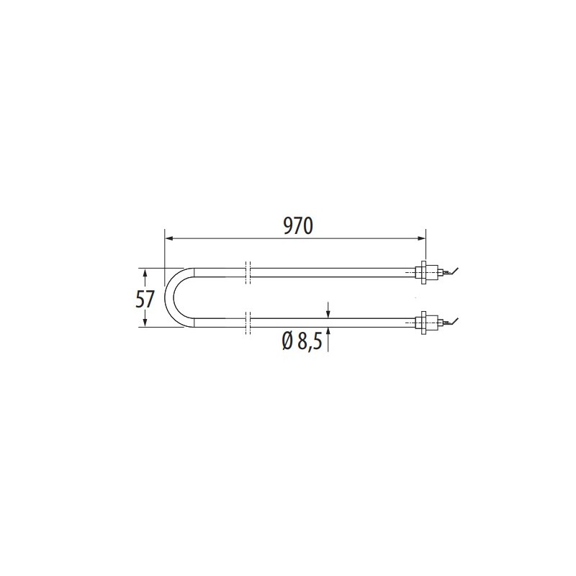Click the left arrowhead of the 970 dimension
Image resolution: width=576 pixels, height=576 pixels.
tap(168, 238)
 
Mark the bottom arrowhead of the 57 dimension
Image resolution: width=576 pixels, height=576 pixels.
tap(146, 325)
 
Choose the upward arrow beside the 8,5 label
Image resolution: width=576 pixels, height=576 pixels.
tap(328, 331)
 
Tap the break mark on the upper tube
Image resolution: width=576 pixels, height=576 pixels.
tap(248, 271)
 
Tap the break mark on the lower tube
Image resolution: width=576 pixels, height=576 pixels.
tap(248, 322)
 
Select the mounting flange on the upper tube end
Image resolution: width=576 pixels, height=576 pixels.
tap(425, 272)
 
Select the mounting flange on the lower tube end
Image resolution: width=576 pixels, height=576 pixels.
tap(425, 322)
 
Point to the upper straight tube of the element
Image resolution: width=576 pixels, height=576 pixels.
tap(331, 272)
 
